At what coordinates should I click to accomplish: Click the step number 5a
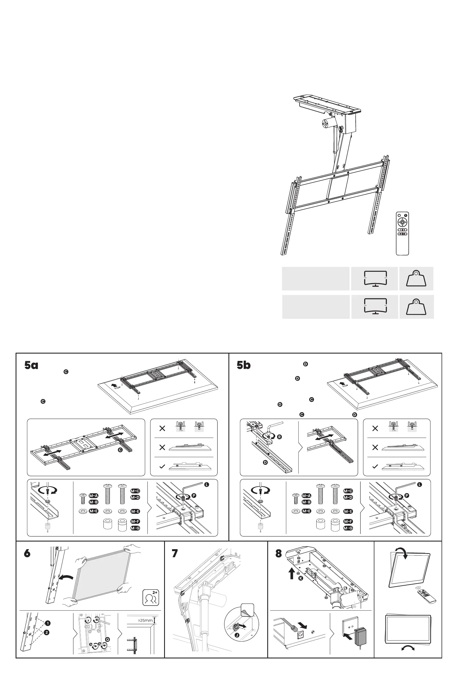point(31,365)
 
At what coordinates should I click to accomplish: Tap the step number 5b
point(244,365)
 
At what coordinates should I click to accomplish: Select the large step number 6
point(27,553)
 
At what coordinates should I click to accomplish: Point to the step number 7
point(175,553)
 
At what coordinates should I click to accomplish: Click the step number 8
point(279,553)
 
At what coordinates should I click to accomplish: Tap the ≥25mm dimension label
point(145,620)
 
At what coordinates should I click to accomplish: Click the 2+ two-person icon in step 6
point(151,598)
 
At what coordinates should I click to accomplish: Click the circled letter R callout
point(279,437)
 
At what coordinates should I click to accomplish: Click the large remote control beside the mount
point(402,234)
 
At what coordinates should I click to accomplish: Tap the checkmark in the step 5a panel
point(162,466)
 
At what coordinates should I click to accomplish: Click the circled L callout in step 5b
point(419,485)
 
